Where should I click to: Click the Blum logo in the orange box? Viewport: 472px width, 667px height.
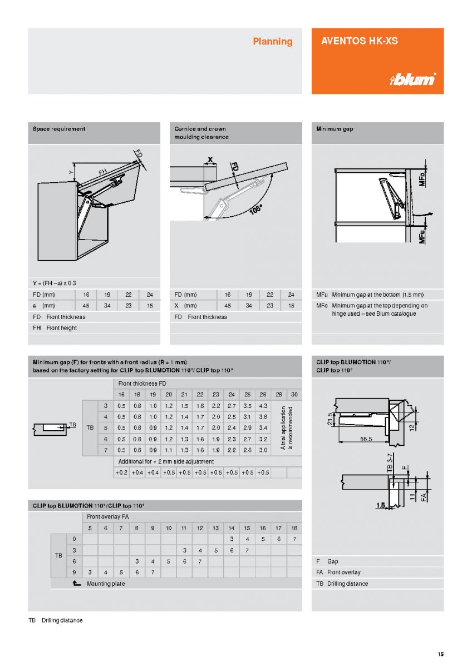tap(412, 79)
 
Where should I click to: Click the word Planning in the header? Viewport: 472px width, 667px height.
tap(272, 41)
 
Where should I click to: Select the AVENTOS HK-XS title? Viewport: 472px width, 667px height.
tap(360, 41)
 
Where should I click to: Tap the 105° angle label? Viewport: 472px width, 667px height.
tap(256, 211)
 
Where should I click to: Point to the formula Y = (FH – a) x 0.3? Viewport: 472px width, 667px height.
tap(55, 283)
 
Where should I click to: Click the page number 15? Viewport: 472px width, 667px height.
tap(440, 654)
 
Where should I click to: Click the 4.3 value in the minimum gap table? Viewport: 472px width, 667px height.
tap(263, 406)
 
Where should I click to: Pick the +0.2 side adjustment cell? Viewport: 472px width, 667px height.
tap(121, 472)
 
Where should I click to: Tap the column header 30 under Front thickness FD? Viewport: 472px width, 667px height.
tap(294, 395)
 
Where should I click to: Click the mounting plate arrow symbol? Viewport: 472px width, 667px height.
tap(76, 584)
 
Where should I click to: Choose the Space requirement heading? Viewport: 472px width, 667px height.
tap(59, 129)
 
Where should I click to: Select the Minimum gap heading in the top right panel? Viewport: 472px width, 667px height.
tap(335, 129)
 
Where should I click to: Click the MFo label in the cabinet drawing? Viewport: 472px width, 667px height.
tap(422, 178)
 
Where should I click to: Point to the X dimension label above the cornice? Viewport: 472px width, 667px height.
tap(210, 160)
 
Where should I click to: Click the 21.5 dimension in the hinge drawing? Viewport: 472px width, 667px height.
tap(330, 417)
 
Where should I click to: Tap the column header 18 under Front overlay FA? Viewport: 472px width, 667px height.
tap(294, 528)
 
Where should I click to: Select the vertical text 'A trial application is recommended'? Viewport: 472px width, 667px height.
tap(286, 428)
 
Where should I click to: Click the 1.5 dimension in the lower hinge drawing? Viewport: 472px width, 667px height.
tap(381, 505)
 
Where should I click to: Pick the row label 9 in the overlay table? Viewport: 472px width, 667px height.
tap(74, 572)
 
